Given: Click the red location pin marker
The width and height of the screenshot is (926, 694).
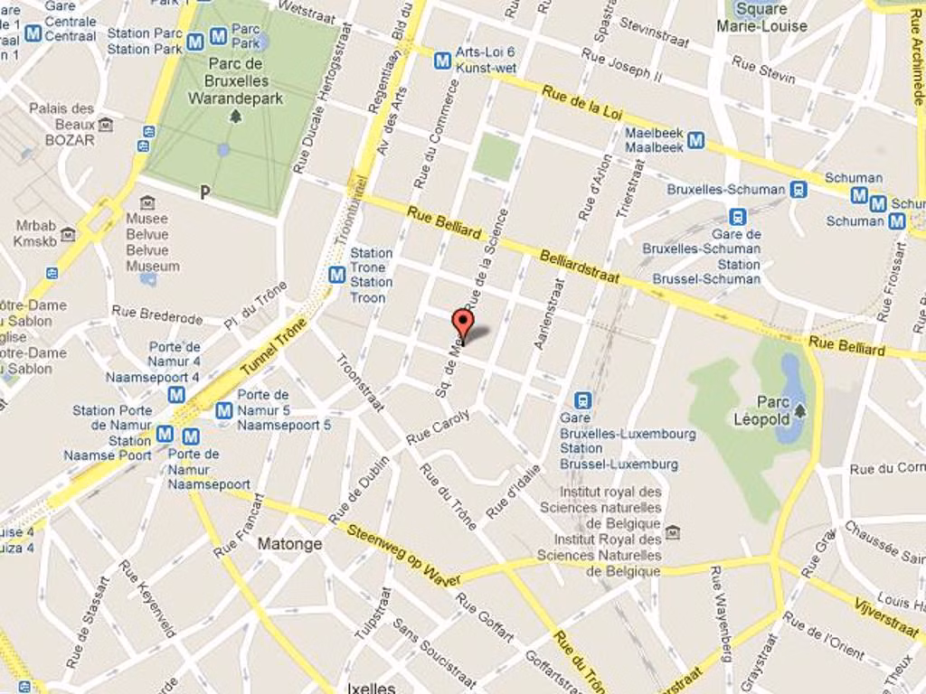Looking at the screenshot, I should point(462,324).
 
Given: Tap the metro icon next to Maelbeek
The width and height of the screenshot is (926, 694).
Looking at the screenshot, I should point(695,140).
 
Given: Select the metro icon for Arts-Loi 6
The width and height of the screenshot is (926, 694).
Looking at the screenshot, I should point(442,61).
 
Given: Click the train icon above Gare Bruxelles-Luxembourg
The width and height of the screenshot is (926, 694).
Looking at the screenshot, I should point(583,399).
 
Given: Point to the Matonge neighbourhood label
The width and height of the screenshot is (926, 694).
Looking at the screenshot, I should point(289,544).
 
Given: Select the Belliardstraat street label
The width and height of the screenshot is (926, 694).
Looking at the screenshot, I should point(580,268).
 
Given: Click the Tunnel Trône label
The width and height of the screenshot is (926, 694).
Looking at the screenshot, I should point(274,346).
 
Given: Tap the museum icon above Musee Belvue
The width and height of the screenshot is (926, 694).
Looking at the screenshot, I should point(146,203).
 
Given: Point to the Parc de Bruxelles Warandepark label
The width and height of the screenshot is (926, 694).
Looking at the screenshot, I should point(236,80).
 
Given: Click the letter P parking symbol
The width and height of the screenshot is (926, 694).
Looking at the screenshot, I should point(205,192).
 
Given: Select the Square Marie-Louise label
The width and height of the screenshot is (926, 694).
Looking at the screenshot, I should point(761,18).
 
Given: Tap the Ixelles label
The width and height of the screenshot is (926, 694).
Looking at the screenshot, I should point(371,688).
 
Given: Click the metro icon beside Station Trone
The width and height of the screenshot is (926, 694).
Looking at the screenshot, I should point(337,274).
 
